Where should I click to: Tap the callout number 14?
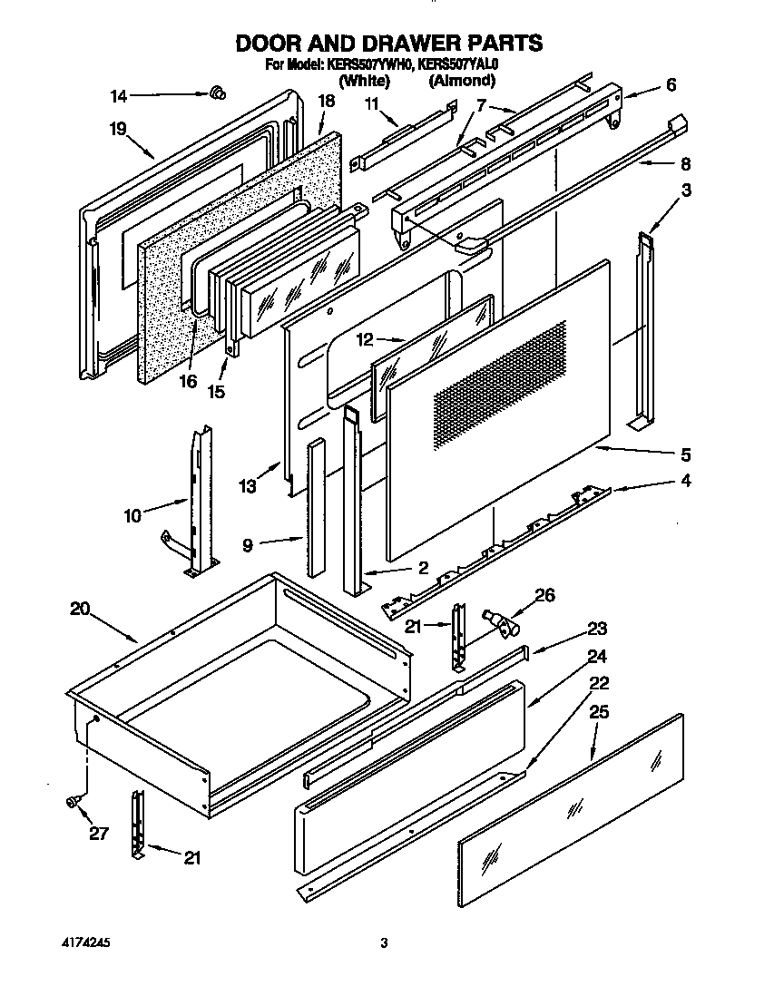(120, 94)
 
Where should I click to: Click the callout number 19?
(118, 129)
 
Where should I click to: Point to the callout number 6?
(671, 85)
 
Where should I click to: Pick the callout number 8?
(685, 164)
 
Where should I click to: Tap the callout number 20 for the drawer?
(80, 609)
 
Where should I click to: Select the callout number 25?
(598, 713)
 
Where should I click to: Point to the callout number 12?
(365, 340)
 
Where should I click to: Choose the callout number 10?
(132, 516)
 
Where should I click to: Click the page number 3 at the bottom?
(384, 943)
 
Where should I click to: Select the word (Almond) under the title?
(462, 81)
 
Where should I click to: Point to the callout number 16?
(188, 381)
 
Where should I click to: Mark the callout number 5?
(685, 454)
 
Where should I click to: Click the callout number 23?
(596, 629)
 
